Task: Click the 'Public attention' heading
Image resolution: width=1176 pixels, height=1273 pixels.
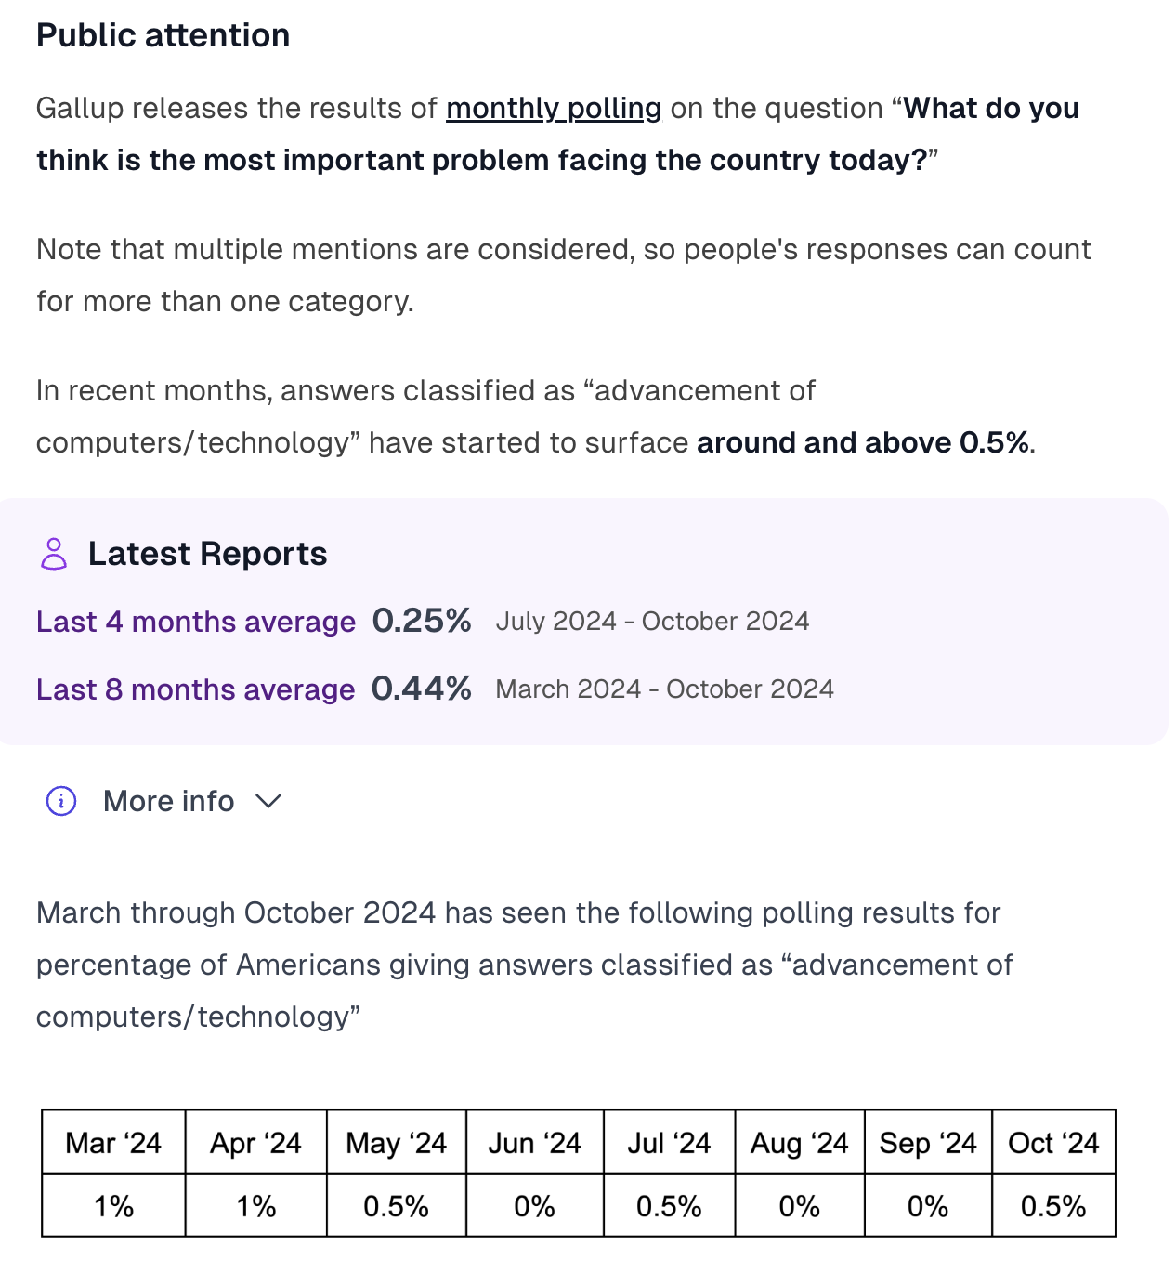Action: click(163, 35)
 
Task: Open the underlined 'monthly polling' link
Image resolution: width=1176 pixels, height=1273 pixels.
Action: click(554, 109)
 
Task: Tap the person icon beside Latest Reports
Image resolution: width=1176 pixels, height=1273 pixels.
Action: click(54, 554)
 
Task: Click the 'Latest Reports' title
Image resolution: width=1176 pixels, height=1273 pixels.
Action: click(208, 553)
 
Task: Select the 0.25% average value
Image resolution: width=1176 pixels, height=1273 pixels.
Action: click(422, 621)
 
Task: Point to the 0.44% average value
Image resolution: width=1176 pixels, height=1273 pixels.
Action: click(422, 689)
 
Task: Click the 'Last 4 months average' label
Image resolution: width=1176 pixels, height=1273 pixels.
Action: click(196, 622)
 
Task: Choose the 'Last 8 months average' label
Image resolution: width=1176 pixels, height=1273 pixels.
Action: click(195, 689)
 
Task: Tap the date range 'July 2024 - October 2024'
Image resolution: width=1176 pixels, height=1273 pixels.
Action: click(652, 621)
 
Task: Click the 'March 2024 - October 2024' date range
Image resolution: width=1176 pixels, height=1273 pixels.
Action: click(664, 689)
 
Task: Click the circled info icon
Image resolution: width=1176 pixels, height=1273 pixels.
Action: click(61, 801)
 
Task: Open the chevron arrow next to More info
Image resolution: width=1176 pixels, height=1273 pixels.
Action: click(268, 801)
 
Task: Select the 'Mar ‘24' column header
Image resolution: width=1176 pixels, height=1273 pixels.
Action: click(113, 1143)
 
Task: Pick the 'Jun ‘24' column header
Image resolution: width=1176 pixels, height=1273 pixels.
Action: click(534, 1143)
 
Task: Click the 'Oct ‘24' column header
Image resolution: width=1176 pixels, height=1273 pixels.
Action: click(1053, 1143)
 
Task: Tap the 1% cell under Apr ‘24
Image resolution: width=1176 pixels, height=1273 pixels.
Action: click(255, 1206)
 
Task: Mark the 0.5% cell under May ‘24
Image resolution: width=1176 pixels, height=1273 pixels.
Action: click(396, 1206)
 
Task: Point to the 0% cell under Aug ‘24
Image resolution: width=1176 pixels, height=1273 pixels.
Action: click(799, 1206)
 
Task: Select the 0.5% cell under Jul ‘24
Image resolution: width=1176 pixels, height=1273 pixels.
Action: click(669, 1206)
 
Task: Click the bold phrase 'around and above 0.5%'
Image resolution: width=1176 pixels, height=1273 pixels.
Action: click(863, 443)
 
